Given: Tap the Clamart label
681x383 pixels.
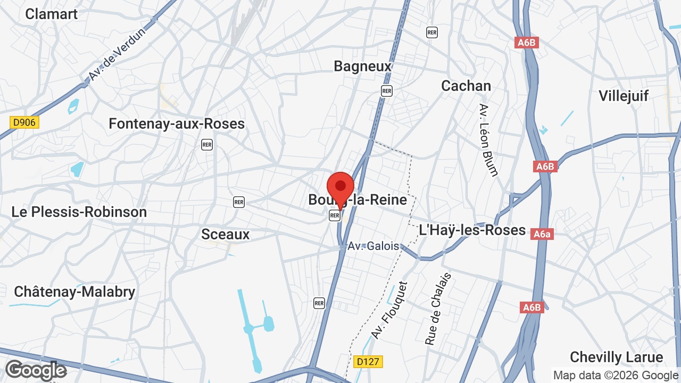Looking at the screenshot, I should point(52,14).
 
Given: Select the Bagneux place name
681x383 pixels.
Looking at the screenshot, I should point(363,66).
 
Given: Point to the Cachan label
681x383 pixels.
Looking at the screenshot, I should point(466,86).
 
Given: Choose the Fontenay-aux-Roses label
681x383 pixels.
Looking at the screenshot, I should point(177,124).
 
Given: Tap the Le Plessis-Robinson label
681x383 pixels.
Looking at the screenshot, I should point(79,212).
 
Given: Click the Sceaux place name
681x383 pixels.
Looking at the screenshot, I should point(226,234).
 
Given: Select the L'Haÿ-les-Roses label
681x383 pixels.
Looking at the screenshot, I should point(472,230).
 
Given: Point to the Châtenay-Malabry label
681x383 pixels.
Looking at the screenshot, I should point(74,292).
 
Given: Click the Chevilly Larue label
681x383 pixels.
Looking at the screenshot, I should point(616,357).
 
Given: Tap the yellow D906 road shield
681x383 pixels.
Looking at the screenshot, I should point(24,122).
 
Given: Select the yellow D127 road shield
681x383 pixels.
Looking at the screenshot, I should point(368,362).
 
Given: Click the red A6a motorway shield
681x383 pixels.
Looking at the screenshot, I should point(543,234).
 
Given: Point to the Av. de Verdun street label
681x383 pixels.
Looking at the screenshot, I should point(117,55).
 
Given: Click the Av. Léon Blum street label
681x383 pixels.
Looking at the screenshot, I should point(488,140).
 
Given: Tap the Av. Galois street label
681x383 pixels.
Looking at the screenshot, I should point(373,246).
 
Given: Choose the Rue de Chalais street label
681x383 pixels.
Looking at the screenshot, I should point(438,309).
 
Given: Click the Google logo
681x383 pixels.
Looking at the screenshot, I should point(36,370).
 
